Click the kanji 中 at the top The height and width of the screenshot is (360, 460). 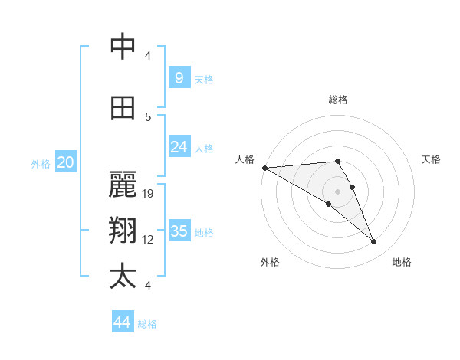point(123,47)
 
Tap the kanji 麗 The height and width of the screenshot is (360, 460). point(123,185)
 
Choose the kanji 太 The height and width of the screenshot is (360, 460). point(123,277)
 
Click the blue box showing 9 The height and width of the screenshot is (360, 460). point(179,77)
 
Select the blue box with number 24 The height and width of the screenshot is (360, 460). point(179,147)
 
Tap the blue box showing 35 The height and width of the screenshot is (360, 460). point(179,231)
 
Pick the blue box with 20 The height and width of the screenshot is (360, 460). point(66,162)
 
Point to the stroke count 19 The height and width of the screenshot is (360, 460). point(149,193)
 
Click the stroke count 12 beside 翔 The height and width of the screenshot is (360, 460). point(149,240)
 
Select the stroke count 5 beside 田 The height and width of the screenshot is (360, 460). point(148,116)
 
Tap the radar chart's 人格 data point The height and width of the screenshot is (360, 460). point(264,168)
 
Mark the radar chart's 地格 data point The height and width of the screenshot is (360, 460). point(374,242)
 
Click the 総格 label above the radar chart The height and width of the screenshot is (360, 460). point(337,100)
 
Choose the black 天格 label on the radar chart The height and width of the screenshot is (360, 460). point(431,159)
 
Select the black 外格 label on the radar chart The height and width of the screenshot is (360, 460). point(270,262)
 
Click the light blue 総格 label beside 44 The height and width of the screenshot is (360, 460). point(147,324)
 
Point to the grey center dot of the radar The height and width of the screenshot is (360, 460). point(337,191)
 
